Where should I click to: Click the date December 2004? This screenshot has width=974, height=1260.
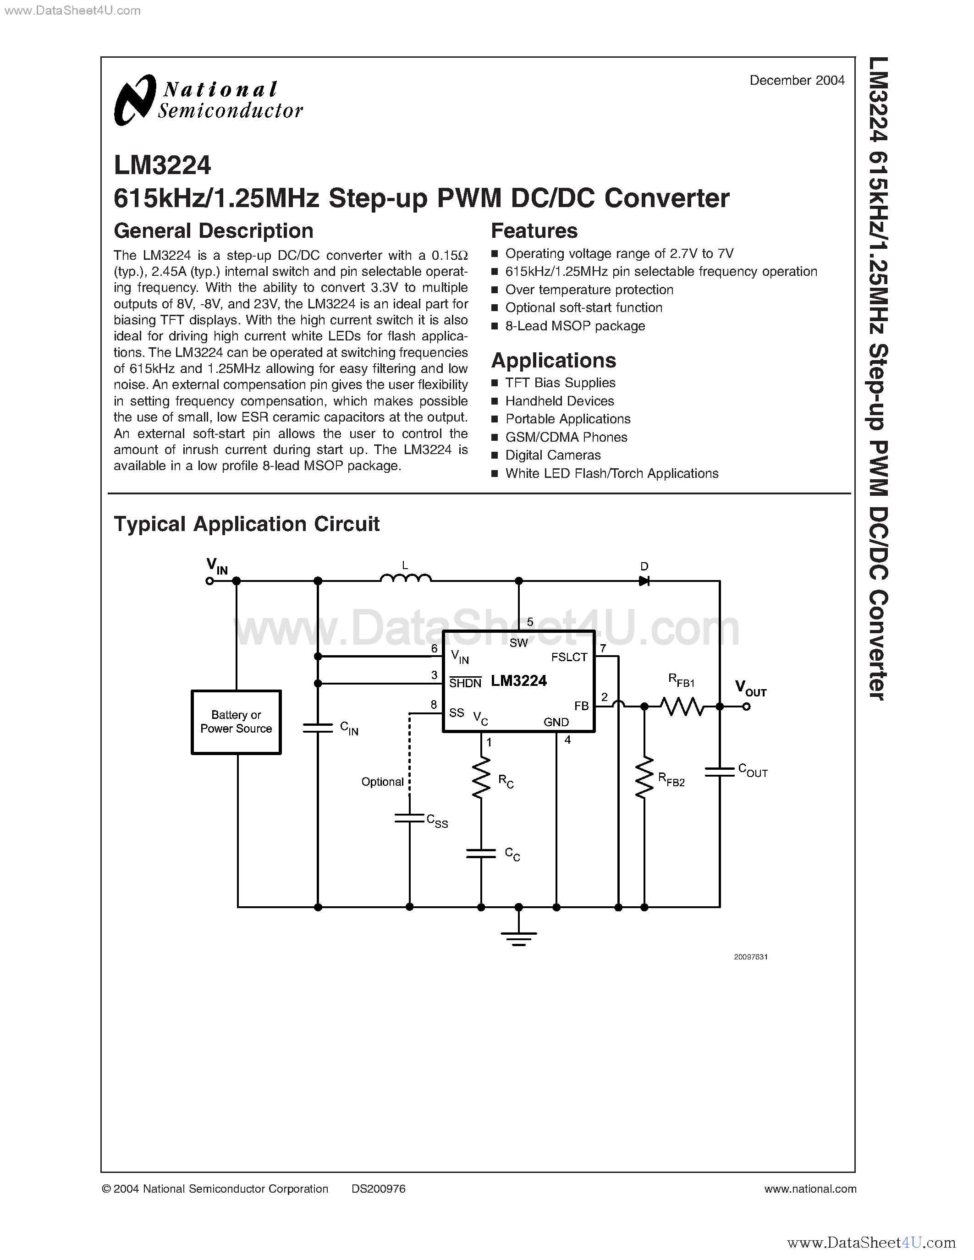click(x=797, y=81)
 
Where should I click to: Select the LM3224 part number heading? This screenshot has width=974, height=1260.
click(x=163, y=165)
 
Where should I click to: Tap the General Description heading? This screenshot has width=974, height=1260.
click(x=214, y=231)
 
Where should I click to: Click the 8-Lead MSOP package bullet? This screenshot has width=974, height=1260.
click(x=575, y=326)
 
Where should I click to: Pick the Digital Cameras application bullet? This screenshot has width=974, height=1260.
click(x=553, y=455)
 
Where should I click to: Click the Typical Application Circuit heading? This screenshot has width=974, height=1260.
click(x=247, y=524)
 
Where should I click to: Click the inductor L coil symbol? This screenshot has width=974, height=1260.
click(x=406, y=578)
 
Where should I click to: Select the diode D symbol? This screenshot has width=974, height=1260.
click(x=644, y=581)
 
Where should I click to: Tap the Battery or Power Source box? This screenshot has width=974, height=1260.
click(x=236, y=722)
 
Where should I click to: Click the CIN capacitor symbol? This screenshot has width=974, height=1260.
click(x=318, y=728)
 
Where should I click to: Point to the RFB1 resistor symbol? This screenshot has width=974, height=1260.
click(x=682, y=706)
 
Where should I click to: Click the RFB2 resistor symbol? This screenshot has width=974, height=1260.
click(x=644, y=777)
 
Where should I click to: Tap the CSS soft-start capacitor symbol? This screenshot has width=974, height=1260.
click(x=410, y=817)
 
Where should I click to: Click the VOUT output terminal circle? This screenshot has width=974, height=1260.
click(x=747, y=707)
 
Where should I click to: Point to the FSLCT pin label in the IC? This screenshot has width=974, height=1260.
click(x=569, y=657)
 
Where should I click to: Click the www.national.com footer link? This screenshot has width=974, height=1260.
click(x=810, y=1189)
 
